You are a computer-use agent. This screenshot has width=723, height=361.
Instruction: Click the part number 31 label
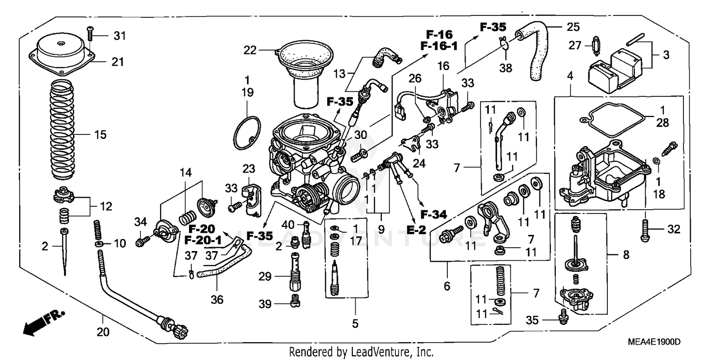119,36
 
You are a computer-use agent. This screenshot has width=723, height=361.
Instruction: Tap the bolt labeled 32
645,230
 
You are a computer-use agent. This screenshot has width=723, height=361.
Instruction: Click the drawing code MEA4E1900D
655,342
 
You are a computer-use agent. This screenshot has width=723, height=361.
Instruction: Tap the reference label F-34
432,214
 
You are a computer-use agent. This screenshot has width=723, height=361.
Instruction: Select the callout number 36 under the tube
217,299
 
